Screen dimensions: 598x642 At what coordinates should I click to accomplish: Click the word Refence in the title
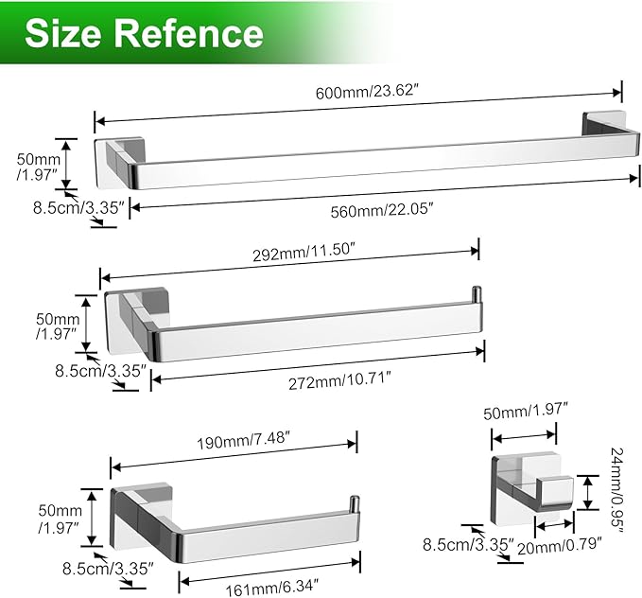pyautogui.click(x=188, y=34)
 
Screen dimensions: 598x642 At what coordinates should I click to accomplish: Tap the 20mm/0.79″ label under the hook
pyautogui.click(x=557, y=545)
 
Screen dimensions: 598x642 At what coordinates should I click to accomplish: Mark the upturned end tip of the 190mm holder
pyautogui.click(x=355, y=502)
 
